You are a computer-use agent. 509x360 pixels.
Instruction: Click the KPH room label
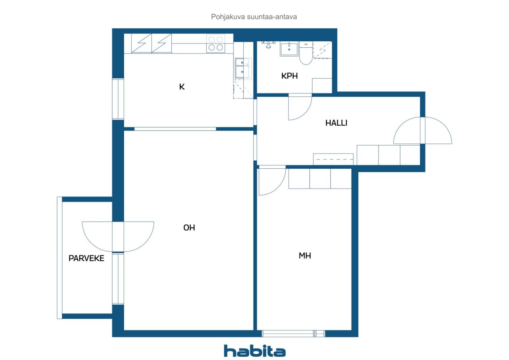point(289,76)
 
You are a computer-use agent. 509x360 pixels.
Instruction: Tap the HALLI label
point(336,123)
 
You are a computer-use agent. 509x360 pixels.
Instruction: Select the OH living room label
point(189,228)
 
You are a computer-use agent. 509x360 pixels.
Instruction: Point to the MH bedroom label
point(305,256)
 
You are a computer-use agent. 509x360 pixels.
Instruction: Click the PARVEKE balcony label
point(86,258)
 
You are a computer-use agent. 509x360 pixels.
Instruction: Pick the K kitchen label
point(182,87)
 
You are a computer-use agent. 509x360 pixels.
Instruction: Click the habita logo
point(254,351)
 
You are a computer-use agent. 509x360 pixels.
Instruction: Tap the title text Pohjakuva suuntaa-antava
point(254,17)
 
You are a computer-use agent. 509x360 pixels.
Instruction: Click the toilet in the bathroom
point(306,53)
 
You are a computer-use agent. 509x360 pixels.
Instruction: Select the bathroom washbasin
point(289,49)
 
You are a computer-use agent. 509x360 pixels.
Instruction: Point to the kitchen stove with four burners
point(216,43)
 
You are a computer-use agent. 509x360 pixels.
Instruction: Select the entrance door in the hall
point(423,130)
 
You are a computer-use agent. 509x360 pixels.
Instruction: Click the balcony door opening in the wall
point(118,237)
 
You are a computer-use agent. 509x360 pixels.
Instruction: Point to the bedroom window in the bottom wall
point(293,334)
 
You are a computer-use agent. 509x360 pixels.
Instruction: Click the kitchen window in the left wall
point(118,99)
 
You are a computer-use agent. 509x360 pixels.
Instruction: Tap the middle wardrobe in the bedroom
point(320,179)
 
